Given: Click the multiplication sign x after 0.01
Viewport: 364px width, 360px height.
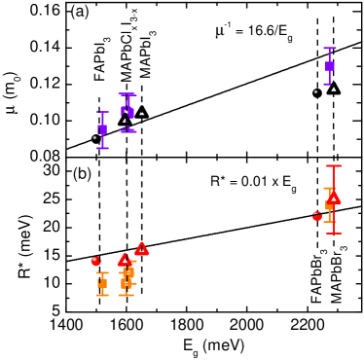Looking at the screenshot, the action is click(x=273, y=182).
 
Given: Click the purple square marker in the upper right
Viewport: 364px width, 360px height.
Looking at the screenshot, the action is click(x=329, y=66).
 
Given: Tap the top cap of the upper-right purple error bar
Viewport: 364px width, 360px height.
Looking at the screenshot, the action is click(x=329, y=48).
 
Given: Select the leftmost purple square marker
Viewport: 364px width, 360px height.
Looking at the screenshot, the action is click(x=102, y=129).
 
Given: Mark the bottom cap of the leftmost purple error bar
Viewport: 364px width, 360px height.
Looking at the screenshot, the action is click(x=102, y=149).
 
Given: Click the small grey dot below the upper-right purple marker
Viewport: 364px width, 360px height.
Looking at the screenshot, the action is click(x=315, y=91).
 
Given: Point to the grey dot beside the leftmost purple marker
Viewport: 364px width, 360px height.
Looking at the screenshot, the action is click(x=94, y=138).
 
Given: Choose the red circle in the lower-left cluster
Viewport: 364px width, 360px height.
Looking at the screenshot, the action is click(x=95, y=261).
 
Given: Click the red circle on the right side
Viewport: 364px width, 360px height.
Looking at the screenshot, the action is click(x=317, y=217).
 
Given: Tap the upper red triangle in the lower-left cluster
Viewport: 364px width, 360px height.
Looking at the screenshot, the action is click(x=141, y=248).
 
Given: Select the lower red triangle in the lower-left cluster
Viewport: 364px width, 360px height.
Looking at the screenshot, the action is click(x=125, y=260).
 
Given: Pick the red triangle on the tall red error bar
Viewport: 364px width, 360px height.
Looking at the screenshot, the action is click(x=333, y=198).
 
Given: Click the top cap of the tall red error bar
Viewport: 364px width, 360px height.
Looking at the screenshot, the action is click(x=333, y=166).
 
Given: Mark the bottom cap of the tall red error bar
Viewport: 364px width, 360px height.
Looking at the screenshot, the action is click(x=333, y=234).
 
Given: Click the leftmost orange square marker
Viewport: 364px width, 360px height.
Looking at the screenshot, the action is click(x=102, y=284).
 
